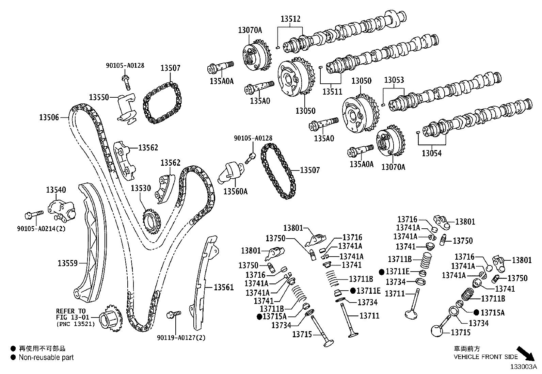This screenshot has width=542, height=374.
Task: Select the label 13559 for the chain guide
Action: point(67,263)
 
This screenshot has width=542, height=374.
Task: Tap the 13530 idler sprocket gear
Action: point(151,221)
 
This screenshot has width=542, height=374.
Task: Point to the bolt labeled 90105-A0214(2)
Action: point(34,214)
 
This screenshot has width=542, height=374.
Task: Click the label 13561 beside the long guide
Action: point(224,288)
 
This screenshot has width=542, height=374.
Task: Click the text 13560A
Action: point(235,192)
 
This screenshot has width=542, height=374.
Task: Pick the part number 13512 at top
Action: point(290,19)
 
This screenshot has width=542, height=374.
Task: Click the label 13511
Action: point(333,92)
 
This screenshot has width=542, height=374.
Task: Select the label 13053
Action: point(394,80)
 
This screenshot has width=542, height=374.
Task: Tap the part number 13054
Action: point(431,153)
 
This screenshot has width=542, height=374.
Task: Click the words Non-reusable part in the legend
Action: point(46,358)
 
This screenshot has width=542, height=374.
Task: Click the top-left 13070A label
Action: point(250,30)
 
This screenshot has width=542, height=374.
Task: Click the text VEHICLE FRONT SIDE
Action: point(485,357)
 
